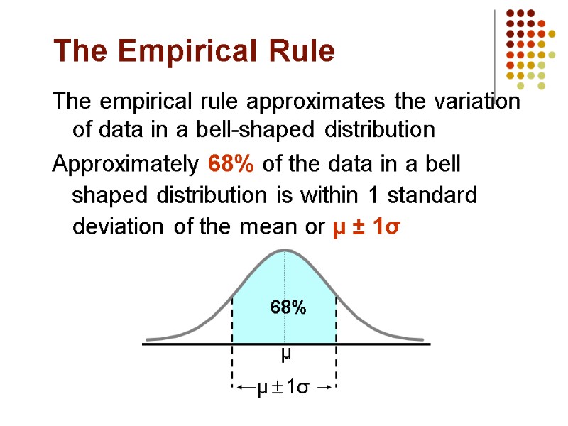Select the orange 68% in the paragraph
coord(231,165)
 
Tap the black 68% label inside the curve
coord(288,307)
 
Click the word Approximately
coord(126,165)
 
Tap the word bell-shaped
coord(268,131)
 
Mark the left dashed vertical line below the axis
coord(233,366)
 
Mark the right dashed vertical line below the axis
coord(336,366)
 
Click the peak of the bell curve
coord(285,250)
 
